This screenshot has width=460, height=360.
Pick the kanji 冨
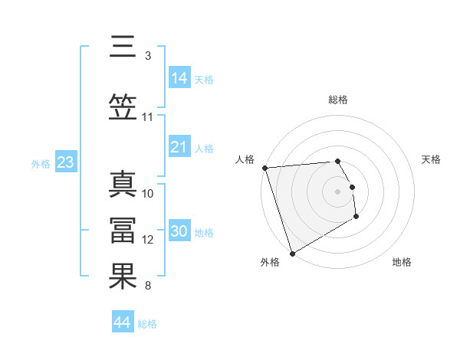(123, 230)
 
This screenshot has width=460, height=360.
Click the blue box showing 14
(179, 78)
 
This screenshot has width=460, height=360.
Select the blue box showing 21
(179, 147)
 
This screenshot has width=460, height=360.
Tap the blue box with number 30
(179, 231)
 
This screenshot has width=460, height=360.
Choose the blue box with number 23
(65, 162)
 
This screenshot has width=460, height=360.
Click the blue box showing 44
(122, 322)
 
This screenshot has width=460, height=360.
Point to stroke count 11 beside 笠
(148, 117)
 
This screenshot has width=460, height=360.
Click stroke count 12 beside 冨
(148, 240)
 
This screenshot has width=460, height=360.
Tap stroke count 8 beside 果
(148, 286)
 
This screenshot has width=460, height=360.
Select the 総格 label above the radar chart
(338, 100)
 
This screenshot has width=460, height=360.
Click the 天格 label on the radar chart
(431, 159)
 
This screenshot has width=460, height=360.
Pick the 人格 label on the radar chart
(245, 159)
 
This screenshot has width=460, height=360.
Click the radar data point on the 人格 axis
(264, 168)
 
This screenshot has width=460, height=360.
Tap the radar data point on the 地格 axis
(356, 218)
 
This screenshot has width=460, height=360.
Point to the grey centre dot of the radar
(338, 191)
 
